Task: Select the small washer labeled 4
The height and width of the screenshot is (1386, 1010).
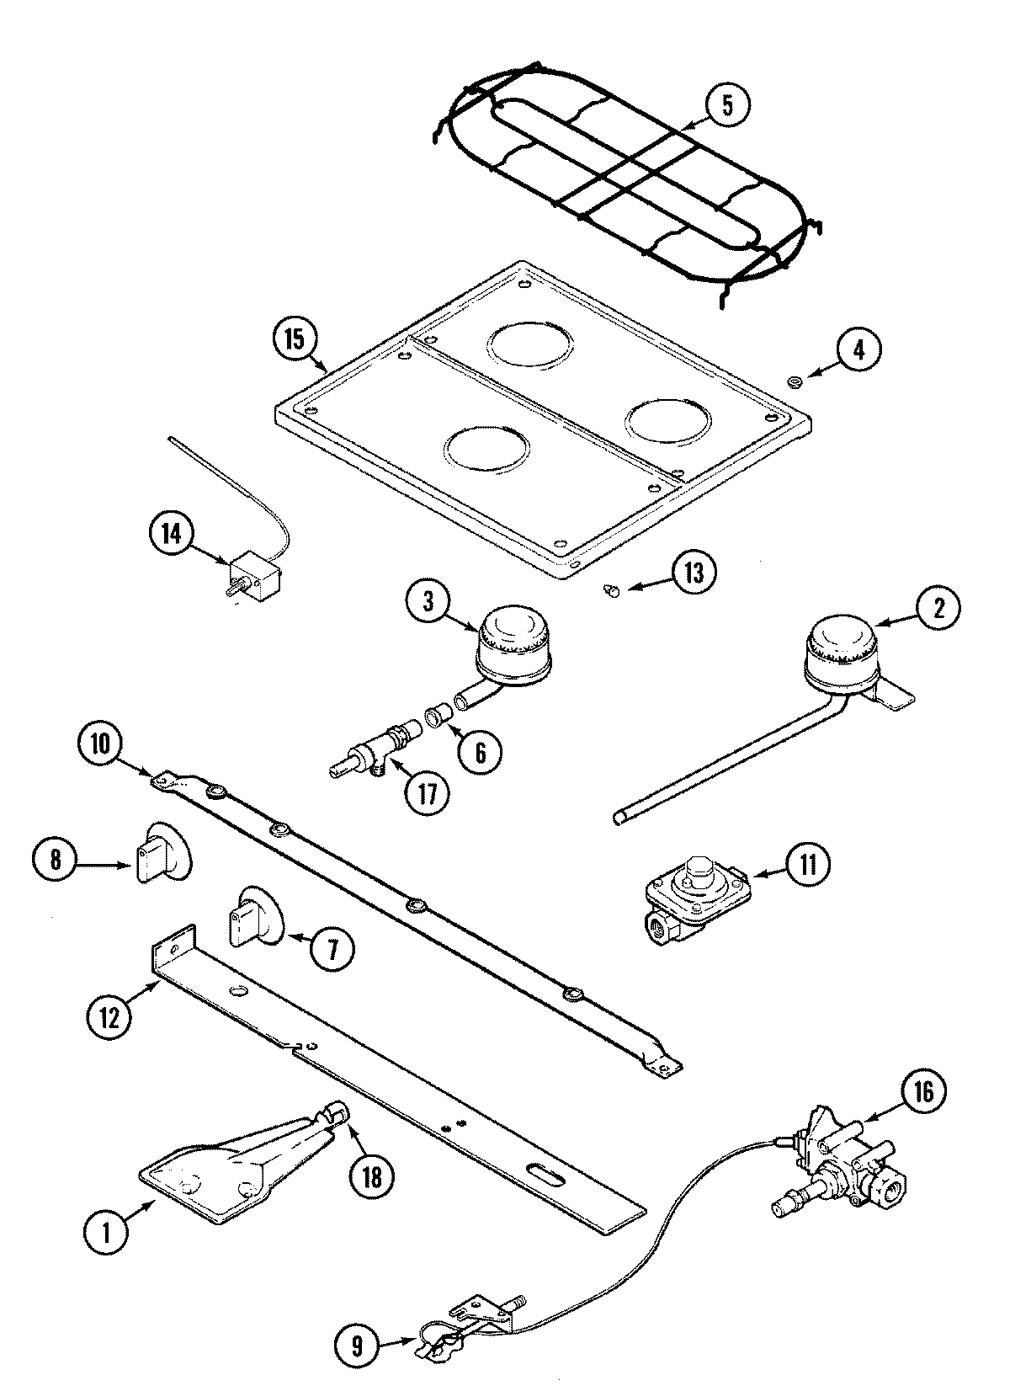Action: [793, 384]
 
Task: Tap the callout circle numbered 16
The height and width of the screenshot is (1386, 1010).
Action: [922, 1091]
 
